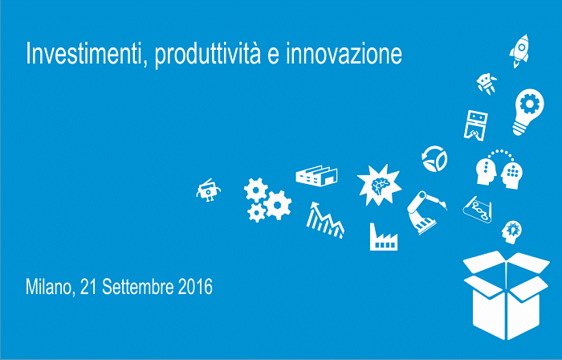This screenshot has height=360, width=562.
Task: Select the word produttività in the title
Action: (x=207, y=55)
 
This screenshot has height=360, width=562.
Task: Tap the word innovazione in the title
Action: (x=344, y=54)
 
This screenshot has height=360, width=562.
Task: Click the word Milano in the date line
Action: (x=50, y=287)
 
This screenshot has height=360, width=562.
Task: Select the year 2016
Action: (x=195, y=287)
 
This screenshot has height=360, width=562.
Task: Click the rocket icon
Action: (x=519, y=51)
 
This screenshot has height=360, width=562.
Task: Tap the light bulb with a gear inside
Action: (x=528, y=112)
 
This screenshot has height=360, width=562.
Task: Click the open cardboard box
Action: (x=506, y=295)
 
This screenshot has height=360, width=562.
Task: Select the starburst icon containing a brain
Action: (x=379, y=185)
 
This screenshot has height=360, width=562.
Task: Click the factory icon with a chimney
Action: (x=384, y=237)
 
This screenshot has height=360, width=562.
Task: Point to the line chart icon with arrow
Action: (x=324, y=220)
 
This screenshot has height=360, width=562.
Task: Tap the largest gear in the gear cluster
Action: (x=278, y=205)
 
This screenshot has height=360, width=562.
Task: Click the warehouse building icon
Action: (x=316, y=176)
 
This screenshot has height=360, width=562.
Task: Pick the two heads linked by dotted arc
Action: (x=499, y=170)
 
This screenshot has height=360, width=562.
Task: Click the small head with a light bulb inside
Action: (x=511, y=232)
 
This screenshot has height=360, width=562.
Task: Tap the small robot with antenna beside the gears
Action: (x=208, y=190)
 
